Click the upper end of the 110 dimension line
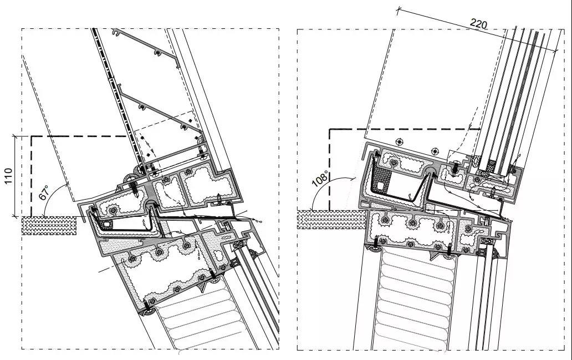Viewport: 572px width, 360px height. point(16,136)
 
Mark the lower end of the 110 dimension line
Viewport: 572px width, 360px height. point(16,216)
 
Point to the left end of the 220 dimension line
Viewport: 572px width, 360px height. point(398,11)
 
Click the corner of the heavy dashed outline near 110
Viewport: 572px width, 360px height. point(32,136)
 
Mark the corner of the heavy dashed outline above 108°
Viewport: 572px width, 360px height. point(330,129)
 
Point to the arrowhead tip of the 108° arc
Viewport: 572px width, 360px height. point(356,179)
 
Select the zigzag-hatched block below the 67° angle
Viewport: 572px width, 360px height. point(49,225)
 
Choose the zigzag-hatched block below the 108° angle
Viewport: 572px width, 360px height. point(332,220)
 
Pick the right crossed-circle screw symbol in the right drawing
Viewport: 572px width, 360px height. point(435,151)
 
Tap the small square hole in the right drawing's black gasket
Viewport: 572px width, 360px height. point(381,186)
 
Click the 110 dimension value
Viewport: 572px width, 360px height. point(8,176)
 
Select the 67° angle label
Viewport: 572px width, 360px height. point(44,192)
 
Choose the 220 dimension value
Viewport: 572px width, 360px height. point(478,24)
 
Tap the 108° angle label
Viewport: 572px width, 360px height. point(320,179)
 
